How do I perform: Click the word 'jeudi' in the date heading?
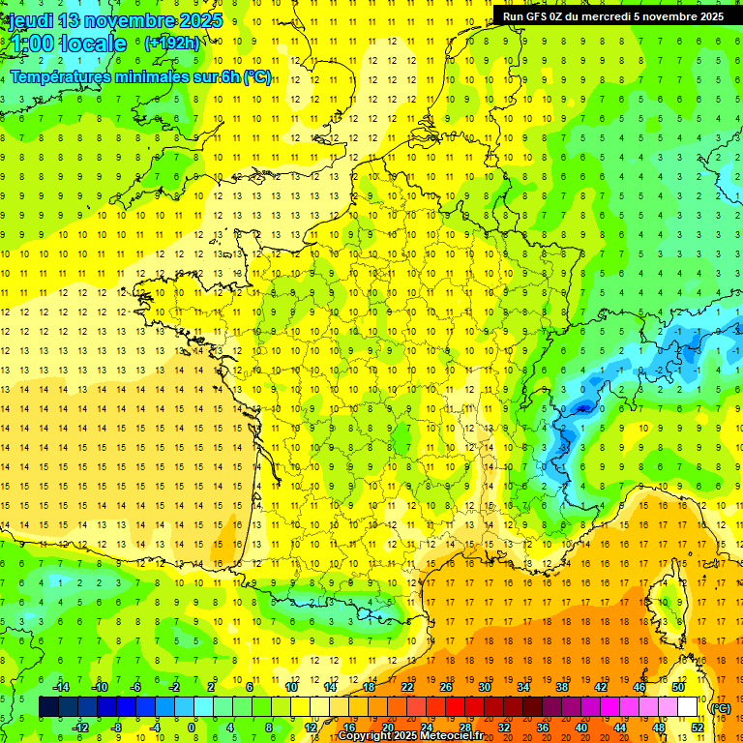coord(32,20)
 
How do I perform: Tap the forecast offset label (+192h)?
coord(172,43)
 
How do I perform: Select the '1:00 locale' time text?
coord(68,44)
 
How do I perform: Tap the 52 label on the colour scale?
coord(698,728)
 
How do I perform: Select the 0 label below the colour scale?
coord(191,728)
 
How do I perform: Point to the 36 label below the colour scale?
coord(543,728)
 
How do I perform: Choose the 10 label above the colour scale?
coord(290,687)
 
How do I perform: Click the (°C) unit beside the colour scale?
coord(720,708)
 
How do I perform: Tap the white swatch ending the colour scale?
coord(688,707)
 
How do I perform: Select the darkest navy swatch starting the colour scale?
coord(48,707)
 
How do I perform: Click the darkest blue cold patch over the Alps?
coord(581,408)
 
